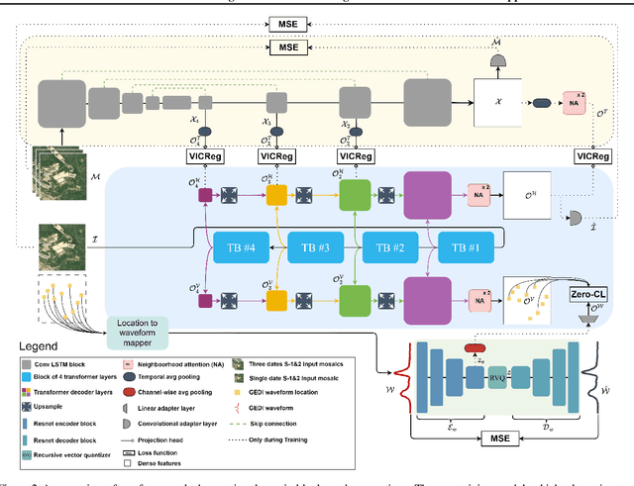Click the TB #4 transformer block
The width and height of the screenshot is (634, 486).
[240, 246]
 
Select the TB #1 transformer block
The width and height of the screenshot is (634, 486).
[465, 246]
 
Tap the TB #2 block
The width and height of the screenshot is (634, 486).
[389, 246]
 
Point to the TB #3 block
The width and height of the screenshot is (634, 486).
[315, 246]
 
